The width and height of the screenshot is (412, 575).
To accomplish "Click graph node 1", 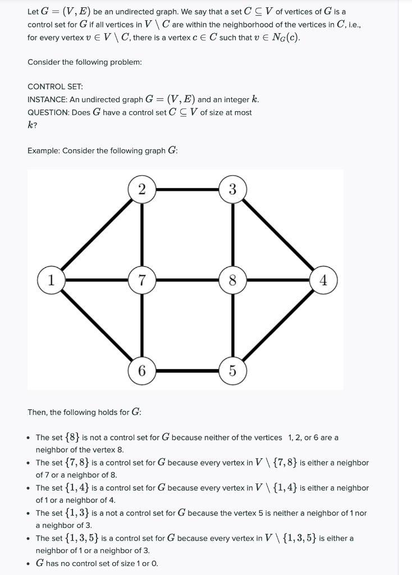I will click(x=51, y=279).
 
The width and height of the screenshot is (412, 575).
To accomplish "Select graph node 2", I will click(x=141, y=189).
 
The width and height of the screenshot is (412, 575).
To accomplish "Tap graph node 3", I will click(x=232, y=189).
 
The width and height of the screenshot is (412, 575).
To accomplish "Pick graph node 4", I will click(x=323, y=279).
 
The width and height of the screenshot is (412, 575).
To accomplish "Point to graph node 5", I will click(x=232, y=371).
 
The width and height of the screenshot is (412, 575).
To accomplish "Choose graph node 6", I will click(x=141, y=371).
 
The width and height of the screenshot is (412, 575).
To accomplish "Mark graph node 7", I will click(x=141, y=279).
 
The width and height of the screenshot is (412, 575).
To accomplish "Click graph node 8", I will click(x=232, y=279).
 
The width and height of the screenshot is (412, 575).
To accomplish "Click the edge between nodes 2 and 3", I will click(x=187, y=189).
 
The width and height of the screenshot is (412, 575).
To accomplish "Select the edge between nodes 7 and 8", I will click(x=187, y=279).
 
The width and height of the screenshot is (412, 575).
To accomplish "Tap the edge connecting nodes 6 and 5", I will click(x=187, y=371).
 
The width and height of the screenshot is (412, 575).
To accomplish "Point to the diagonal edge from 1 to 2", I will click(x=95, y=235).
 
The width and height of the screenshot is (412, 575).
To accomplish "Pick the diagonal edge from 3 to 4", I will click(x=278, y=234).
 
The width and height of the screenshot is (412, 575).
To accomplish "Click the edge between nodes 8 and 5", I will click(x=232, y=326).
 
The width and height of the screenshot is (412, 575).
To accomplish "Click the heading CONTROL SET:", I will click(x=55, y=86).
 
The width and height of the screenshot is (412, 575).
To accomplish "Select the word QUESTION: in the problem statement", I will click(x=49, y=112).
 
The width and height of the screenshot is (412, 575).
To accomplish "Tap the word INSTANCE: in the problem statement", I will click(x=47, y=99).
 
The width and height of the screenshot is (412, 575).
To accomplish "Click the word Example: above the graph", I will click(x=43, y=150).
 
